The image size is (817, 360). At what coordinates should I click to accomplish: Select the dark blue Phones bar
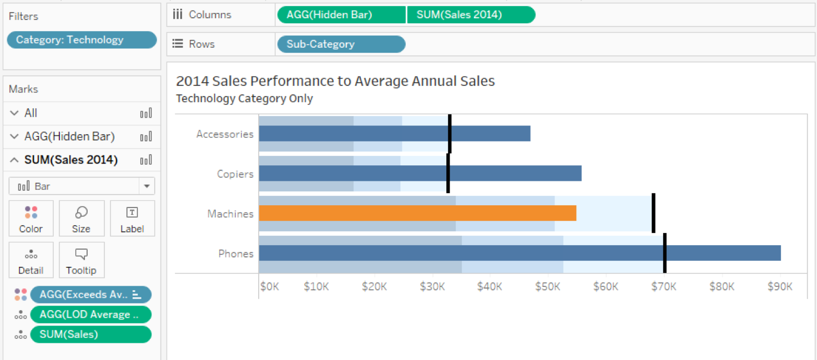point(519,253)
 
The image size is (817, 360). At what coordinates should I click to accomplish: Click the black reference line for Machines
point(653,213)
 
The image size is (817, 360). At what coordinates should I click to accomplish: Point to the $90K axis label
point(779,287)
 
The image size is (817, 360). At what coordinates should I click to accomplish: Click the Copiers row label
point(235,174)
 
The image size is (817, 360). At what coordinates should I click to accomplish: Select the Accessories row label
point(225,134)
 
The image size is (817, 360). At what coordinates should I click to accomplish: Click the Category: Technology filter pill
point(82,40)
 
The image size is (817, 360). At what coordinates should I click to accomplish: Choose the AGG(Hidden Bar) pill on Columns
point(341,15)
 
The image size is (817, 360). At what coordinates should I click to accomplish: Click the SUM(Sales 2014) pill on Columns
point(471,15)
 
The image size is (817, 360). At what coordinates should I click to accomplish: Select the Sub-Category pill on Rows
point(340,44)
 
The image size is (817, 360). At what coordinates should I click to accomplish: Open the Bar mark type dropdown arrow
point(147,186)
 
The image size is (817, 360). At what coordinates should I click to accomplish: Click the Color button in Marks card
point(31,219)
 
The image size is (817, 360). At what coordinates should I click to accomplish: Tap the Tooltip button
point(81,260)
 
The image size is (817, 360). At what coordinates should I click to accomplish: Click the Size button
point(81,219)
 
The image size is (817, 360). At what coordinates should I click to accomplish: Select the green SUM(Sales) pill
point(90,334)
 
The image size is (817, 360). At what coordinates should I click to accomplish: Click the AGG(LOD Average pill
point(90,315)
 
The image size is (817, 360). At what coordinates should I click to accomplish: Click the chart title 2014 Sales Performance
point(335,81)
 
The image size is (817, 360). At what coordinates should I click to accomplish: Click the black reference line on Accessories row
point(450,134)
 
